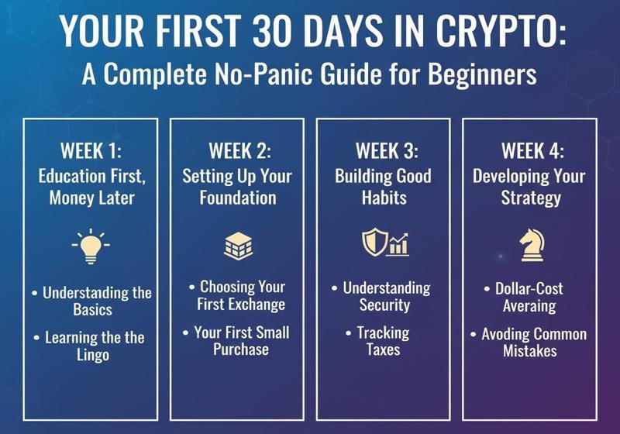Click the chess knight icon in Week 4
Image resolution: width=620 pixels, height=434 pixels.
coord(531,244)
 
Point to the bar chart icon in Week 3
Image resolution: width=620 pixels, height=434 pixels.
coord(398,246)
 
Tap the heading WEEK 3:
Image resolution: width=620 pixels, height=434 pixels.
coord(384,150)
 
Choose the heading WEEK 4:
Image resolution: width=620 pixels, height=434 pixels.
coord(531,150)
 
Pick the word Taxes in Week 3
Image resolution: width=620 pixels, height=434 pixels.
coord(384,350)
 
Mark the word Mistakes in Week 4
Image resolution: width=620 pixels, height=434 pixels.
coord(531,351)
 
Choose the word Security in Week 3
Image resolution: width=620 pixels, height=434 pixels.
coord(384,305)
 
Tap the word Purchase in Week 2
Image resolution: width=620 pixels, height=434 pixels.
coord(241,350)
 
